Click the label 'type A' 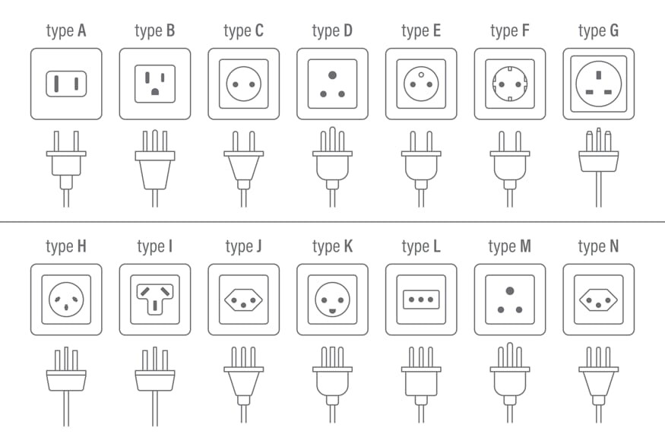tap(66, 31)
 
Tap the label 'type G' tap(598, 31)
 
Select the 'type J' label tap(243, 247)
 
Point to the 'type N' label tap(598, 247)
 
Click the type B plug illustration tap(155, 168)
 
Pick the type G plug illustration tap(598, 167)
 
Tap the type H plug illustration tap(66, 386)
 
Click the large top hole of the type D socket tap(333, 75)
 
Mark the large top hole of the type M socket tap(510, 291)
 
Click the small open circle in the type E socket tap(421, 75)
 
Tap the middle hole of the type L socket tap(421, 300)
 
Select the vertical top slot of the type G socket tap(599, 75)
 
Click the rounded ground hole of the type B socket tap(155, 91)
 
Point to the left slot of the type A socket tap(56, 84)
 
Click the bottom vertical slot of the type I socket tap(155, 305)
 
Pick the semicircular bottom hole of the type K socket tap(333, 311)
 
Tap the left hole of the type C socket tap(236, 84)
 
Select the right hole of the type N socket tap(608, 300)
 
